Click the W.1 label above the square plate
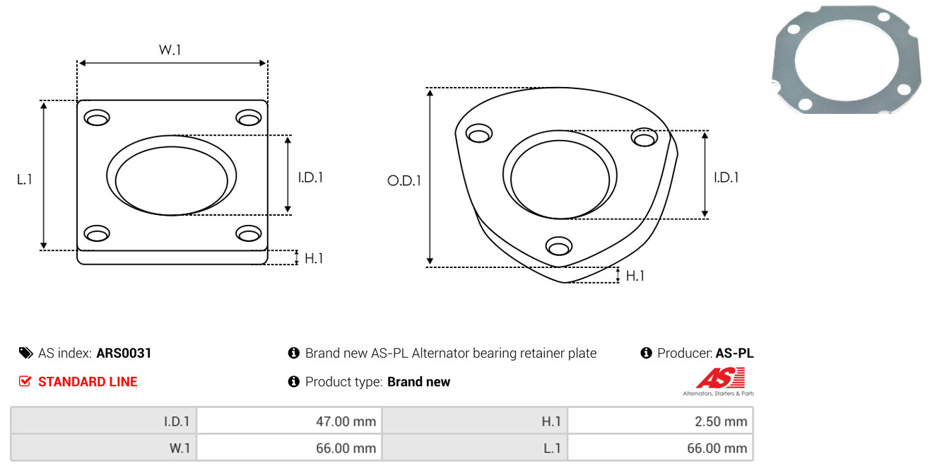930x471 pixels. [170, 50]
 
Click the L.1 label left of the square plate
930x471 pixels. [25, 180]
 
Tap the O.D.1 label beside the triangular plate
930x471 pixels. [404, 180]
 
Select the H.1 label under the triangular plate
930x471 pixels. [635, 276]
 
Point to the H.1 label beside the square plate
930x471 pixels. [314, 258]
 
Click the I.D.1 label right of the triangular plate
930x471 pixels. [726, 178]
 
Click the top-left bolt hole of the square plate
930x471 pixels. [97, 117]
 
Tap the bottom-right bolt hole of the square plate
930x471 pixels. [249, 233]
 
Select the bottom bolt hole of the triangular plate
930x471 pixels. [559, 246]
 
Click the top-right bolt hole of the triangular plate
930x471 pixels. [644, 137]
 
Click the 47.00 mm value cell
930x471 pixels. [289, 421]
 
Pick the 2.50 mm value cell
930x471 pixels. [660, 421]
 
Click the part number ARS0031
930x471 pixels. [124, 353]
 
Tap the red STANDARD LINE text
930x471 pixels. [88, 382]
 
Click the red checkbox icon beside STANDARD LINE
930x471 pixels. [25, 381]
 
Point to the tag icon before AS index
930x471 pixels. [25, 353]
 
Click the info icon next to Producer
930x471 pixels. [646, 353]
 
